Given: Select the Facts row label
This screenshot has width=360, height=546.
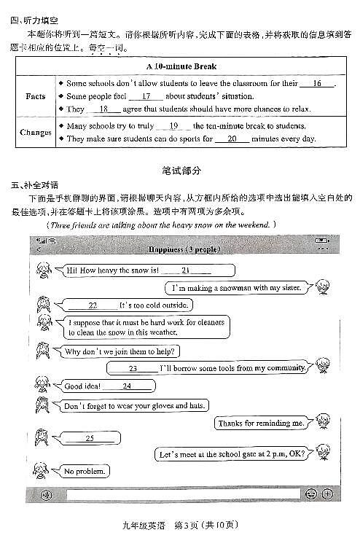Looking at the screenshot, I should point(35,96).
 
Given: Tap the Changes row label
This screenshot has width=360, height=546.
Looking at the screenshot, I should point(36,132).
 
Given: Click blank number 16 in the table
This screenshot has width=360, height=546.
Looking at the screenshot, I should point(316,84).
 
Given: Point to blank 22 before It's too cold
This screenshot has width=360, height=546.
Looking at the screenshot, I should point(93,305).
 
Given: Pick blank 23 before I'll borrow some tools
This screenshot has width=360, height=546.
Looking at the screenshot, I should point(133,368).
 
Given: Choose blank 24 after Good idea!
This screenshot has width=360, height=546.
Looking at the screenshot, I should point(127,386).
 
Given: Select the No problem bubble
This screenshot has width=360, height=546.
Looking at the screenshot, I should point(85,472).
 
